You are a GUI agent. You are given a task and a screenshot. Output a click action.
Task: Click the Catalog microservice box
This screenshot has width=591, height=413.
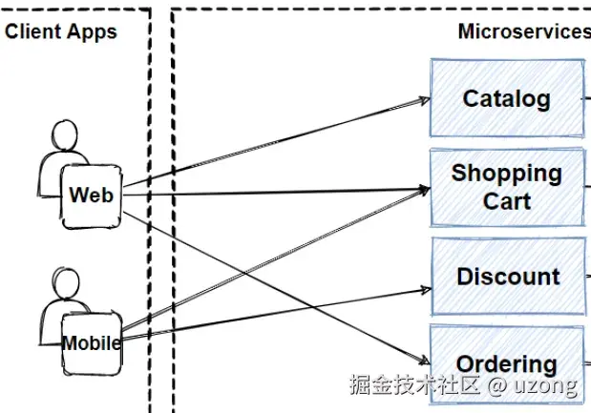(507, 97)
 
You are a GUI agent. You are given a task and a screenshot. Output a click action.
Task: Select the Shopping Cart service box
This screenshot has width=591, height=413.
(507, 187)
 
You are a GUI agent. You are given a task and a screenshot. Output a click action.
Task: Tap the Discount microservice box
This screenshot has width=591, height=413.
(507, 277)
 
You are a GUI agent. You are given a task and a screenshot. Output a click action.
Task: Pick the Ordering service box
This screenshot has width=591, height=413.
(507, 363)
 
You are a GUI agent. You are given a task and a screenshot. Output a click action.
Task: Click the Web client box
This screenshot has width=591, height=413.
(92, 196)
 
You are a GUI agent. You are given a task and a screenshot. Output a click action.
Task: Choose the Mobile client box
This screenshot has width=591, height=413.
(92, 342)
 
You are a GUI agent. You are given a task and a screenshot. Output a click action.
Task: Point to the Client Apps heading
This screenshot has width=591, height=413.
(61, 31)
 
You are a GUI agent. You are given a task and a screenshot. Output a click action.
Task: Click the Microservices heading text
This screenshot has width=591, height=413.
(524, 31)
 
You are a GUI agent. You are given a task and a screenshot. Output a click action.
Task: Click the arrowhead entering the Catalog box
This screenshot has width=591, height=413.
(425, 99)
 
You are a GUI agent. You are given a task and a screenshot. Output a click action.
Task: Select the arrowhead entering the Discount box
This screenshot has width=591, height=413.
(425, 286)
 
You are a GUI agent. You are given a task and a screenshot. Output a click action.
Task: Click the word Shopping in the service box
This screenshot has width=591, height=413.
(506, 174)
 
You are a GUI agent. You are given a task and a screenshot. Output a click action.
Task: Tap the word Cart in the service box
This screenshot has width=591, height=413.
(506, 201)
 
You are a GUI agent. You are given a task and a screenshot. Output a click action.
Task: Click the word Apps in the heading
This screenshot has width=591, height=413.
(92, 31)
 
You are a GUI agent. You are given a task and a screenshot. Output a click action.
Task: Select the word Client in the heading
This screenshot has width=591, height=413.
(34, 31)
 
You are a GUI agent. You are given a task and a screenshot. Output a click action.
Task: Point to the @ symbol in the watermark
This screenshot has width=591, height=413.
(496, 386)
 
